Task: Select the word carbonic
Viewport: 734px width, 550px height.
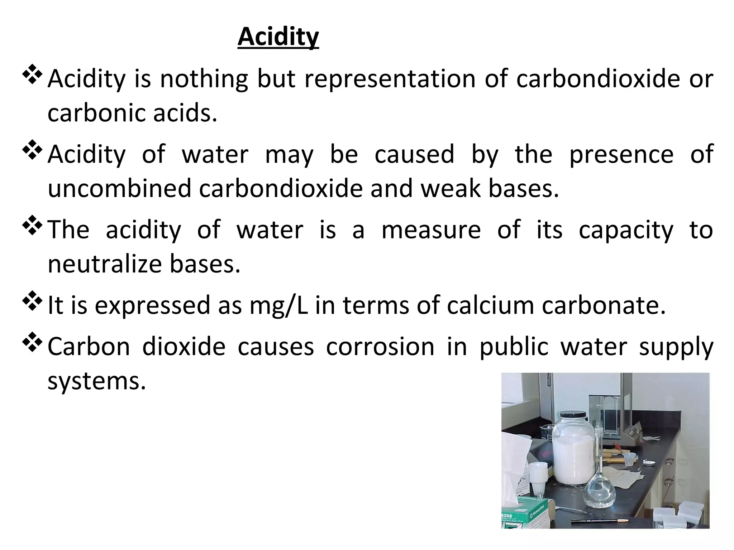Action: pos(96,113)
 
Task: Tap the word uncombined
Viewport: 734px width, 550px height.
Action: pos(120,188)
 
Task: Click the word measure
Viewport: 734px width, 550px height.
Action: pos(431,230)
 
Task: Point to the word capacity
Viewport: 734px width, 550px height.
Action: pos(626,230)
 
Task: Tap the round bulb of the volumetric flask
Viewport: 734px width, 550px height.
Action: pos(599,492)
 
